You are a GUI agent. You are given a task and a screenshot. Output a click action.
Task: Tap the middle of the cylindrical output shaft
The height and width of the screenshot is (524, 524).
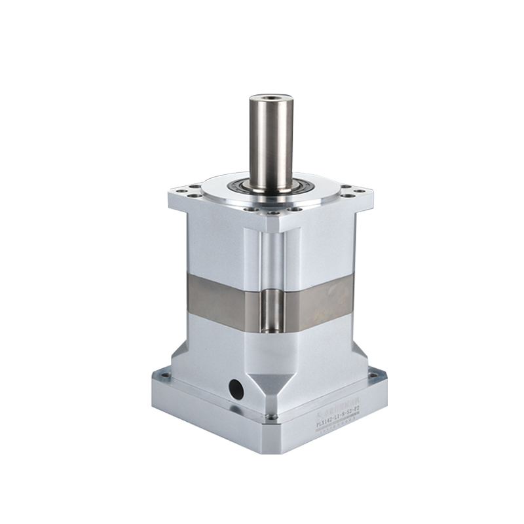coord(271,144)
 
